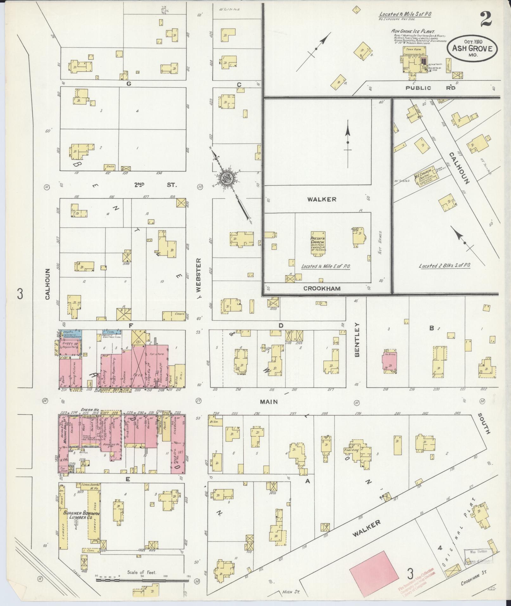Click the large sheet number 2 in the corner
tap(485, 19)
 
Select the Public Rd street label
tap(431, 88)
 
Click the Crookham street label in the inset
tap(322, 289)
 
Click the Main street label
tap(269, 402)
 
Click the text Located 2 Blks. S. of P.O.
tap(444, 266)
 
